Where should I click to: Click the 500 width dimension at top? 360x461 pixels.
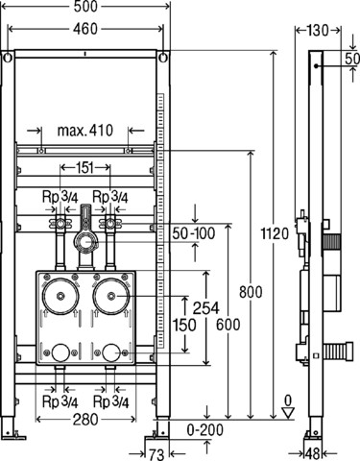pos(85,7)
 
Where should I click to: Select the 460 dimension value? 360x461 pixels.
pos(85,29)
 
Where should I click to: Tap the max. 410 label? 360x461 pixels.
pos(85,131)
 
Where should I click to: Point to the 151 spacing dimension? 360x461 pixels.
pos(85,167)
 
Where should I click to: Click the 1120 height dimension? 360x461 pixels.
pos(275,233)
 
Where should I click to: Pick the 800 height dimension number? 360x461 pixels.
pos(251,292)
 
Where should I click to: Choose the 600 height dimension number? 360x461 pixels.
pos(228,325)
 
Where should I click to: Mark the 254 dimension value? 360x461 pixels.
pos(206,308)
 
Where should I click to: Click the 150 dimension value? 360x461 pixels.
pos(184,325)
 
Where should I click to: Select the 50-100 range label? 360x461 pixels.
pos(194,233)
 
